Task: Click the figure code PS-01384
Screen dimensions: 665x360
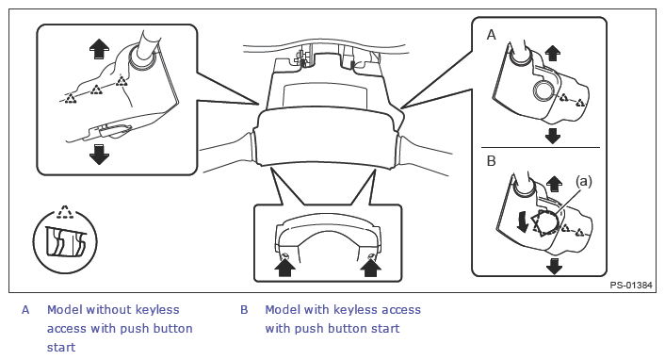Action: [x=631, y=286]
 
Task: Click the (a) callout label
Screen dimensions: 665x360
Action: [x=584, y=181]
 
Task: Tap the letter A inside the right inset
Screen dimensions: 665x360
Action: [x=491, y=35]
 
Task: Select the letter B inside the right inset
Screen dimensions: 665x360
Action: [x=491, y=161]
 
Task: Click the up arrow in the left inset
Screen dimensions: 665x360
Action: [x=99, y=49]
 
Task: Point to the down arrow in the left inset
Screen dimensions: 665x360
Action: [x=99, y=155]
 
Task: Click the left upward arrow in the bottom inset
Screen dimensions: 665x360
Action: [x=285, y=267]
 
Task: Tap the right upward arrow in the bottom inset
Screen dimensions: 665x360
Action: [x=371, y=267]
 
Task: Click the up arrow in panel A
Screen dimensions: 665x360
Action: [x=552, y=53]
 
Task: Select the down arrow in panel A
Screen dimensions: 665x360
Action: [x=552, y=136]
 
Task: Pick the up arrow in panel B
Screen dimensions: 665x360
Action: [x=554, y=185]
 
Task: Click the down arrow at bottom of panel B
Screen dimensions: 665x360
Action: [x=554, y=266]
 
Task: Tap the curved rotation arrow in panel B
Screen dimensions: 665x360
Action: [x=523, y=222]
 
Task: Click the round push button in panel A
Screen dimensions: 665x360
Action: [x=543, y=90]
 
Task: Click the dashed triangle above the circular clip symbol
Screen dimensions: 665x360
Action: [x=65, y=211]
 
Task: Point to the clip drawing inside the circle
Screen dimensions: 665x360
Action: [x=66, y=242]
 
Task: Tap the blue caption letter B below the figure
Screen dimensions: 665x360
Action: [x=244, y=310]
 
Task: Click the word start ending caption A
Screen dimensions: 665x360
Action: [x=61, y=348]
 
